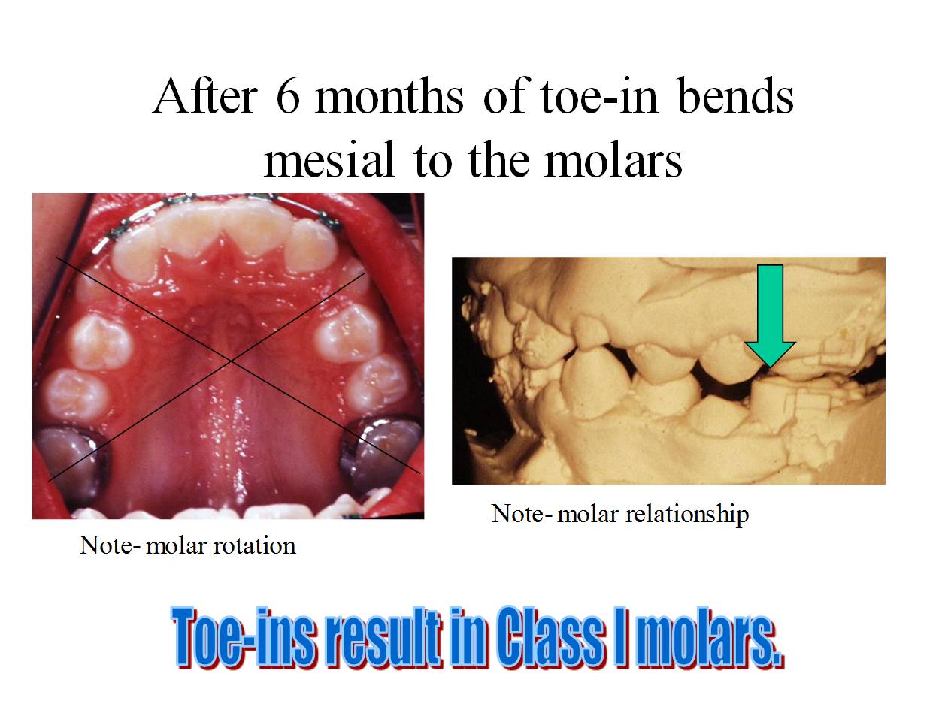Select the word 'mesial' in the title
point(329,160)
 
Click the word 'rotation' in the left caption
point(254,545)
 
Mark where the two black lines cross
point(231,362)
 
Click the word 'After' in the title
point(205,98)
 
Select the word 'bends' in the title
point(735,98)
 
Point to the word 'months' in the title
point(389,98)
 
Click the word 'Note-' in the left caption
point(109,545)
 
